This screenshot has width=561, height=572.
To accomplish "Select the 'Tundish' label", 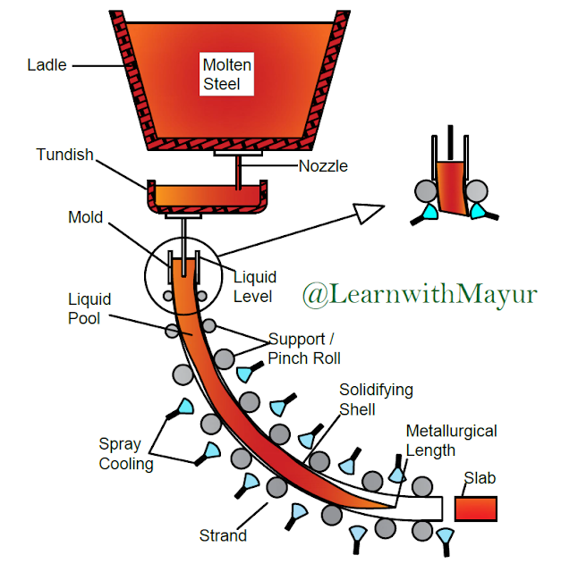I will click(64, 155).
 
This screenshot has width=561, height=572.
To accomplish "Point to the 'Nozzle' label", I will click(324, 166).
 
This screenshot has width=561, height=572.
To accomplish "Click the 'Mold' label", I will click(86, 218).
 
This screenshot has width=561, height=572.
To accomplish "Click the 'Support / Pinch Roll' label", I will click(305, 349).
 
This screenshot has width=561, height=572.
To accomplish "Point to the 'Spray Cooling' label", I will click(125, 454).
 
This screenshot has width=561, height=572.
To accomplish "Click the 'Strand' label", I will click(222, 536).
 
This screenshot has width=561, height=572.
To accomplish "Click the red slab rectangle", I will click(475, 508).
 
